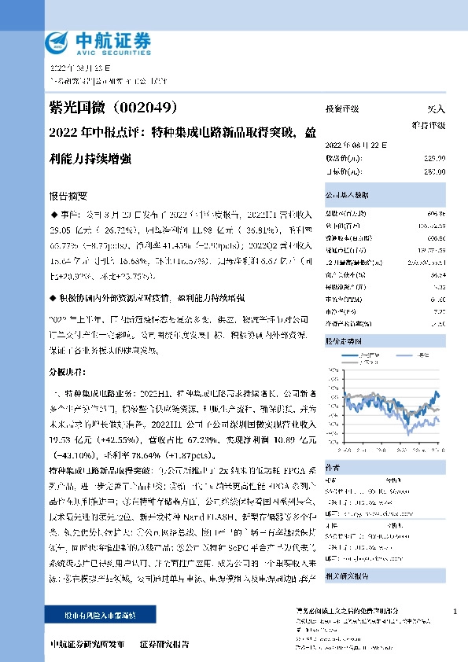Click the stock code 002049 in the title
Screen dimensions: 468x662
click(154, 107)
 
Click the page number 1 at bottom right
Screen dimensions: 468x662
click(455, 611)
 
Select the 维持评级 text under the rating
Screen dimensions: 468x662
click(428, 125)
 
